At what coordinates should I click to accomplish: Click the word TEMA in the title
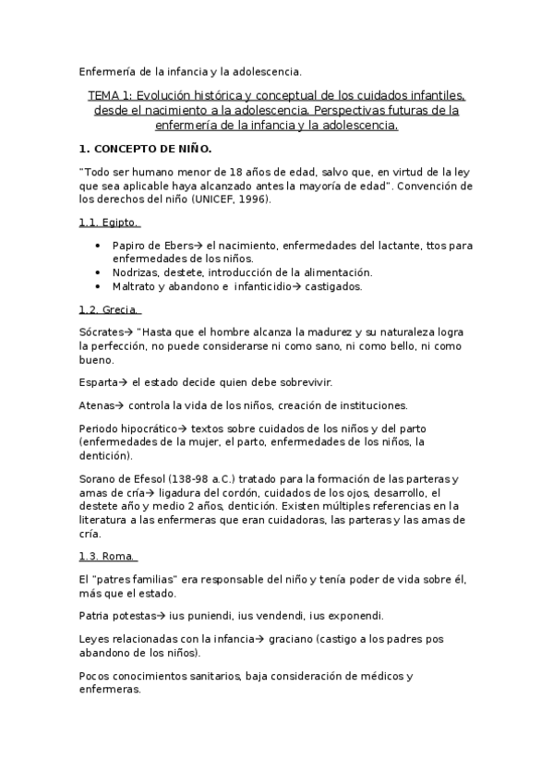coord(103,95)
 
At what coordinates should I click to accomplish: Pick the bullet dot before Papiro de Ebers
coord(99,246)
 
